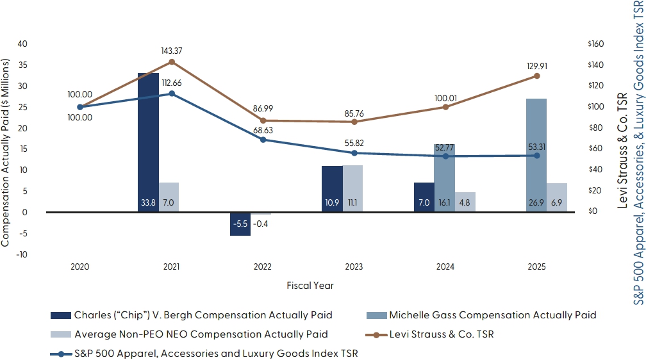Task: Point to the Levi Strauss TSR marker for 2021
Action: (x=171, y=61)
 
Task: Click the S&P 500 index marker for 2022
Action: (x=263, y=140)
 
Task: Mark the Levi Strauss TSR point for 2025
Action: (x=536, y=76)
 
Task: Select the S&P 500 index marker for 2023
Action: (x=354, y=153)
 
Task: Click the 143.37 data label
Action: (x=172, y=50)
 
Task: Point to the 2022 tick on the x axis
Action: (x=263, y=266)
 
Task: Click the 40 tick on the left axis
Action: (x=23, y=44)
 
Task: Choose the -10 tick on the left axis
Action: (x=22, y=254)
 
